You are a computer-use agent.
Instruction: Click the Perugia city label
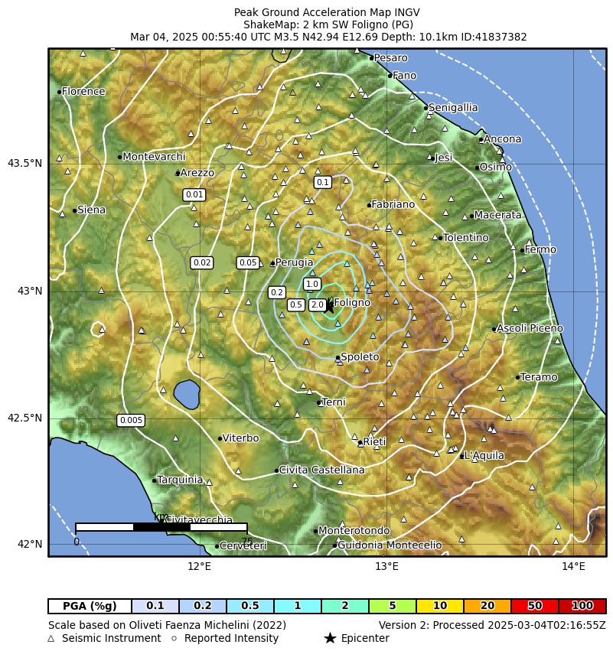[295, 262]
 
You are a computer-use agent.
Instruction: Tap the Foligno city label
[352, 303]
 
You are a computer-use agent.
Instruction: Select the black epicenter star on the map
[328, 305]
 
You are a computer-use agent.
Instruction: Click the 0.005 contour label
[131, 420]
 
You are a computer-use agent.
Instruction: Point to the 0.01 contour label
[194, 194]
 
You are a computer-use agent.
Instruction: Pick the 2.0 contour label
[318, 305]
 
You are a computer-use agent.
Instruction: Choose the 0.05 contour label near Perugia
[248, 262]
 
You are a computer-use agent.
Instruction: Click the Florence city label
[83, 92]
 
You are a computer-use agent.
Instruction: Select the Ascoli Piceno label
[530, 328]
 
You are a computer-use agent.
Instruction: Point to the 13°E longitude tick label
[386, 567]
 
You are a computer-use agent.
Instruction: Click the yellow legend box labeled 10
[440, 606]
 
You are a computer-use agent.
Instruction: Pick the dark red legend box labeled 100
[582, 606]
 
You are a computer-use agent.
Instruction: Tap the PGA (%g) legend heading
[90, 606]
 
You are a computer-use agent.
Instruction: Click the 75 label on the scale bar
[246, 542]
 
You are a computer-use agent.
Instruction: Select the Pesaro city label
[391, 58]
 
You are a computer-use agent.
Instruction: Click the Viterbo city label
[241, 438]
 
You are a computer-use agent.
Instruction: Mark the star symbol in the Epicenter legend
[330, 638]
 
